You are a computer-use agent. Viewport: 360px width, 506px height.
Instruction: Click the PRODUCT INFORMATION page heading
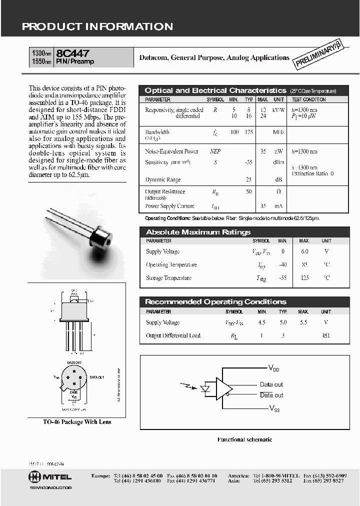[97, 27]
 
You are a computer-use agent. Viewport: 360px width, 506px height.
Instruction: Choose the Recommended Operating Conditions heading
[215, 301]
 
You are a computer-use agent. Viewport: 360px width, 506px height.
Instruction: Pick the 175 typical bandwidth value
[248, 132]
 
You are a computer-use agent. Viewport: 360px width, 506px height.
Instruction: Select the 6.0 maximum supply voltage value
[304, 251]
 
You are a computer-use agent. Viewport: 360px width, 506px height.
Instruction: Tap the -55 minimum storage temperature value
[283, 277]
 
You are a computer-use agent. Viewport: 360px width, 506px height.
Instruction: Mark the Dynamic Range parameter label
[163, 179]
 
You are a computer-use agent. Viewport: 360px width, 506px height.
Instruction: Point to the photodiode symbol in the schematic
[204, 388]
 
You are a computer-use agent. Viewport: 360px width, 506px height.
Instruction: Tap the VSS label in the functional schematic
[274, 408]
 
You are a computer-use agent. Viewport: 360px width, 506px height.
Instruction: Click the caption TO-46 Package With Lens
[77, 421]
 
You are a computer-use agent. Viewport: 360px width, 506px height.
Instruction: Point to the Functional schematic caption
[244, 439]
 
